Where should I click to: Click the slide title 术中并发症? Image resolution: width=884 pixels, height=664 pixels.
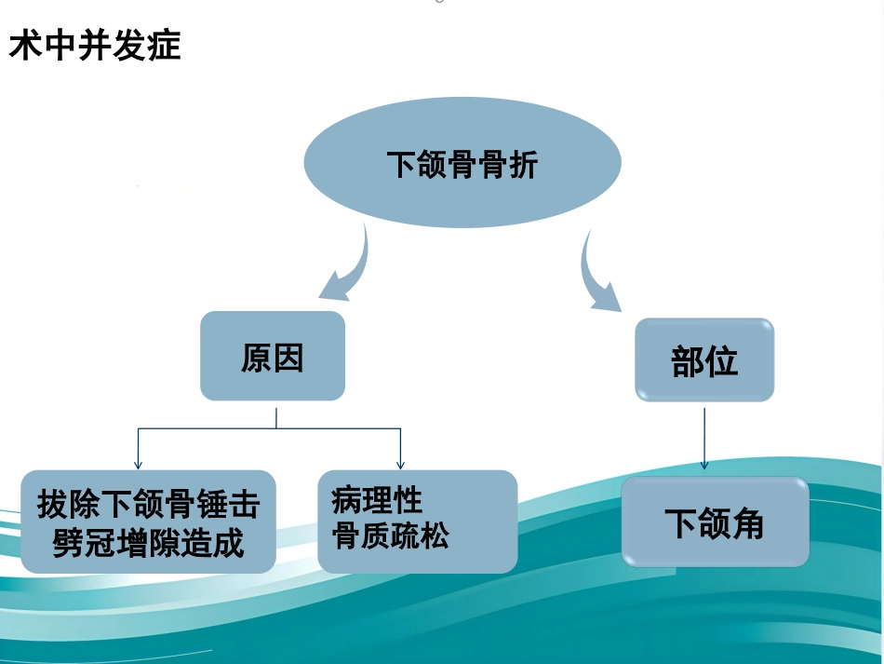point(95,45)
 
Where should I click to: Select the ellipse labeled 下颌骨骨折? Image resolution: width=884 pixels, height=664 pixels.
point(462,162)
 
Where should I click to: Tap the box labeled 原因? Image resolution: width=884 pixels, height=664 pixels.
point(273,356)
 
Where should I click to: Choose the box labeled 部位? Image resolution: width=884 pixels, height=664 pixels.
point(704,359)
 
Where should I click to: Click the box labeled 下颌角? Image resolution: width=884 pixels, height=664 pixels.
point(716,522)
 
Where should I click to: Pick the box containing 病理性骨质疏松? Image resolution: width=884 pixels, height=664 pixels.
point(418,522)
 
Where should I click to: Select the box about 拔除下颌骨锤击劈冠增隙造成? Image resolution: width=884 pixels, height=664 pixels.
point(148,522)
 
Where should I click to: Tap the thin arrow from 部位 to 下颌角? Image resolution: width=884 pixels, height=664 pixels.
point(704,439)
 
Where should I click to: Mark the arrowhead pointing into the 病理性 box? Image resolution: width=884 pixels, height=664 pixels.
point(400,465)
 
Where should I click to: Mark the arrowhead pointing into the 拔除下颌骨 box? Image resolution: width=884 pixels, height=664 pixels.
point(138,465)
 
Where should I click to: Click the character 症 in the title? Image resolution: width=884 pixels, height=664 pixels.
point(164,45)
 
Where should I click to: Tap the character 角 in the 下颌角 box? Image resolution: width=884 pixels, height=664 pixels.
point(747,523)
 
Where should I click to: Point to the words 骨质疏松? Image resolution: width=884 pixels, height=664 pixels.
point(391,535)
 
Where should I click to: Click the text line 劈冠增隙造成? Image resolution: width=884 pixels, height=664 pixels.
point(148,543)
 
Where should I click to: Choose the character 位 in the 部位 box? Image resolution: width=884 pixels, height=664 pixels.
point(721,361)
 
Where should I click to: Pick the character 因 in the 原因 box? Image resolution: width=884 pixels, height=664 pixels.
point(288,358)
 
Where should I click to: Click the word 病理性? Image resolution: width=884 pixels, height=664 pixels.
point(377,500)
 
